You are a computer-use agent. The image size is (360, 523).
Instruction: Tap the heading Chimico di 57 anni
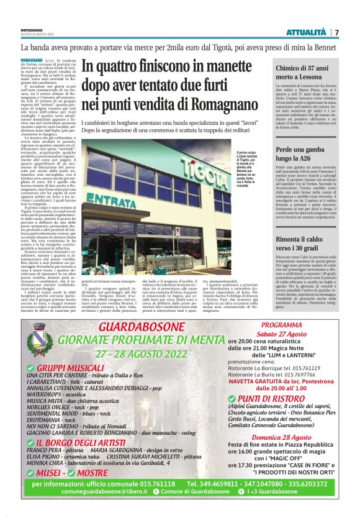coord(304,70)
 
